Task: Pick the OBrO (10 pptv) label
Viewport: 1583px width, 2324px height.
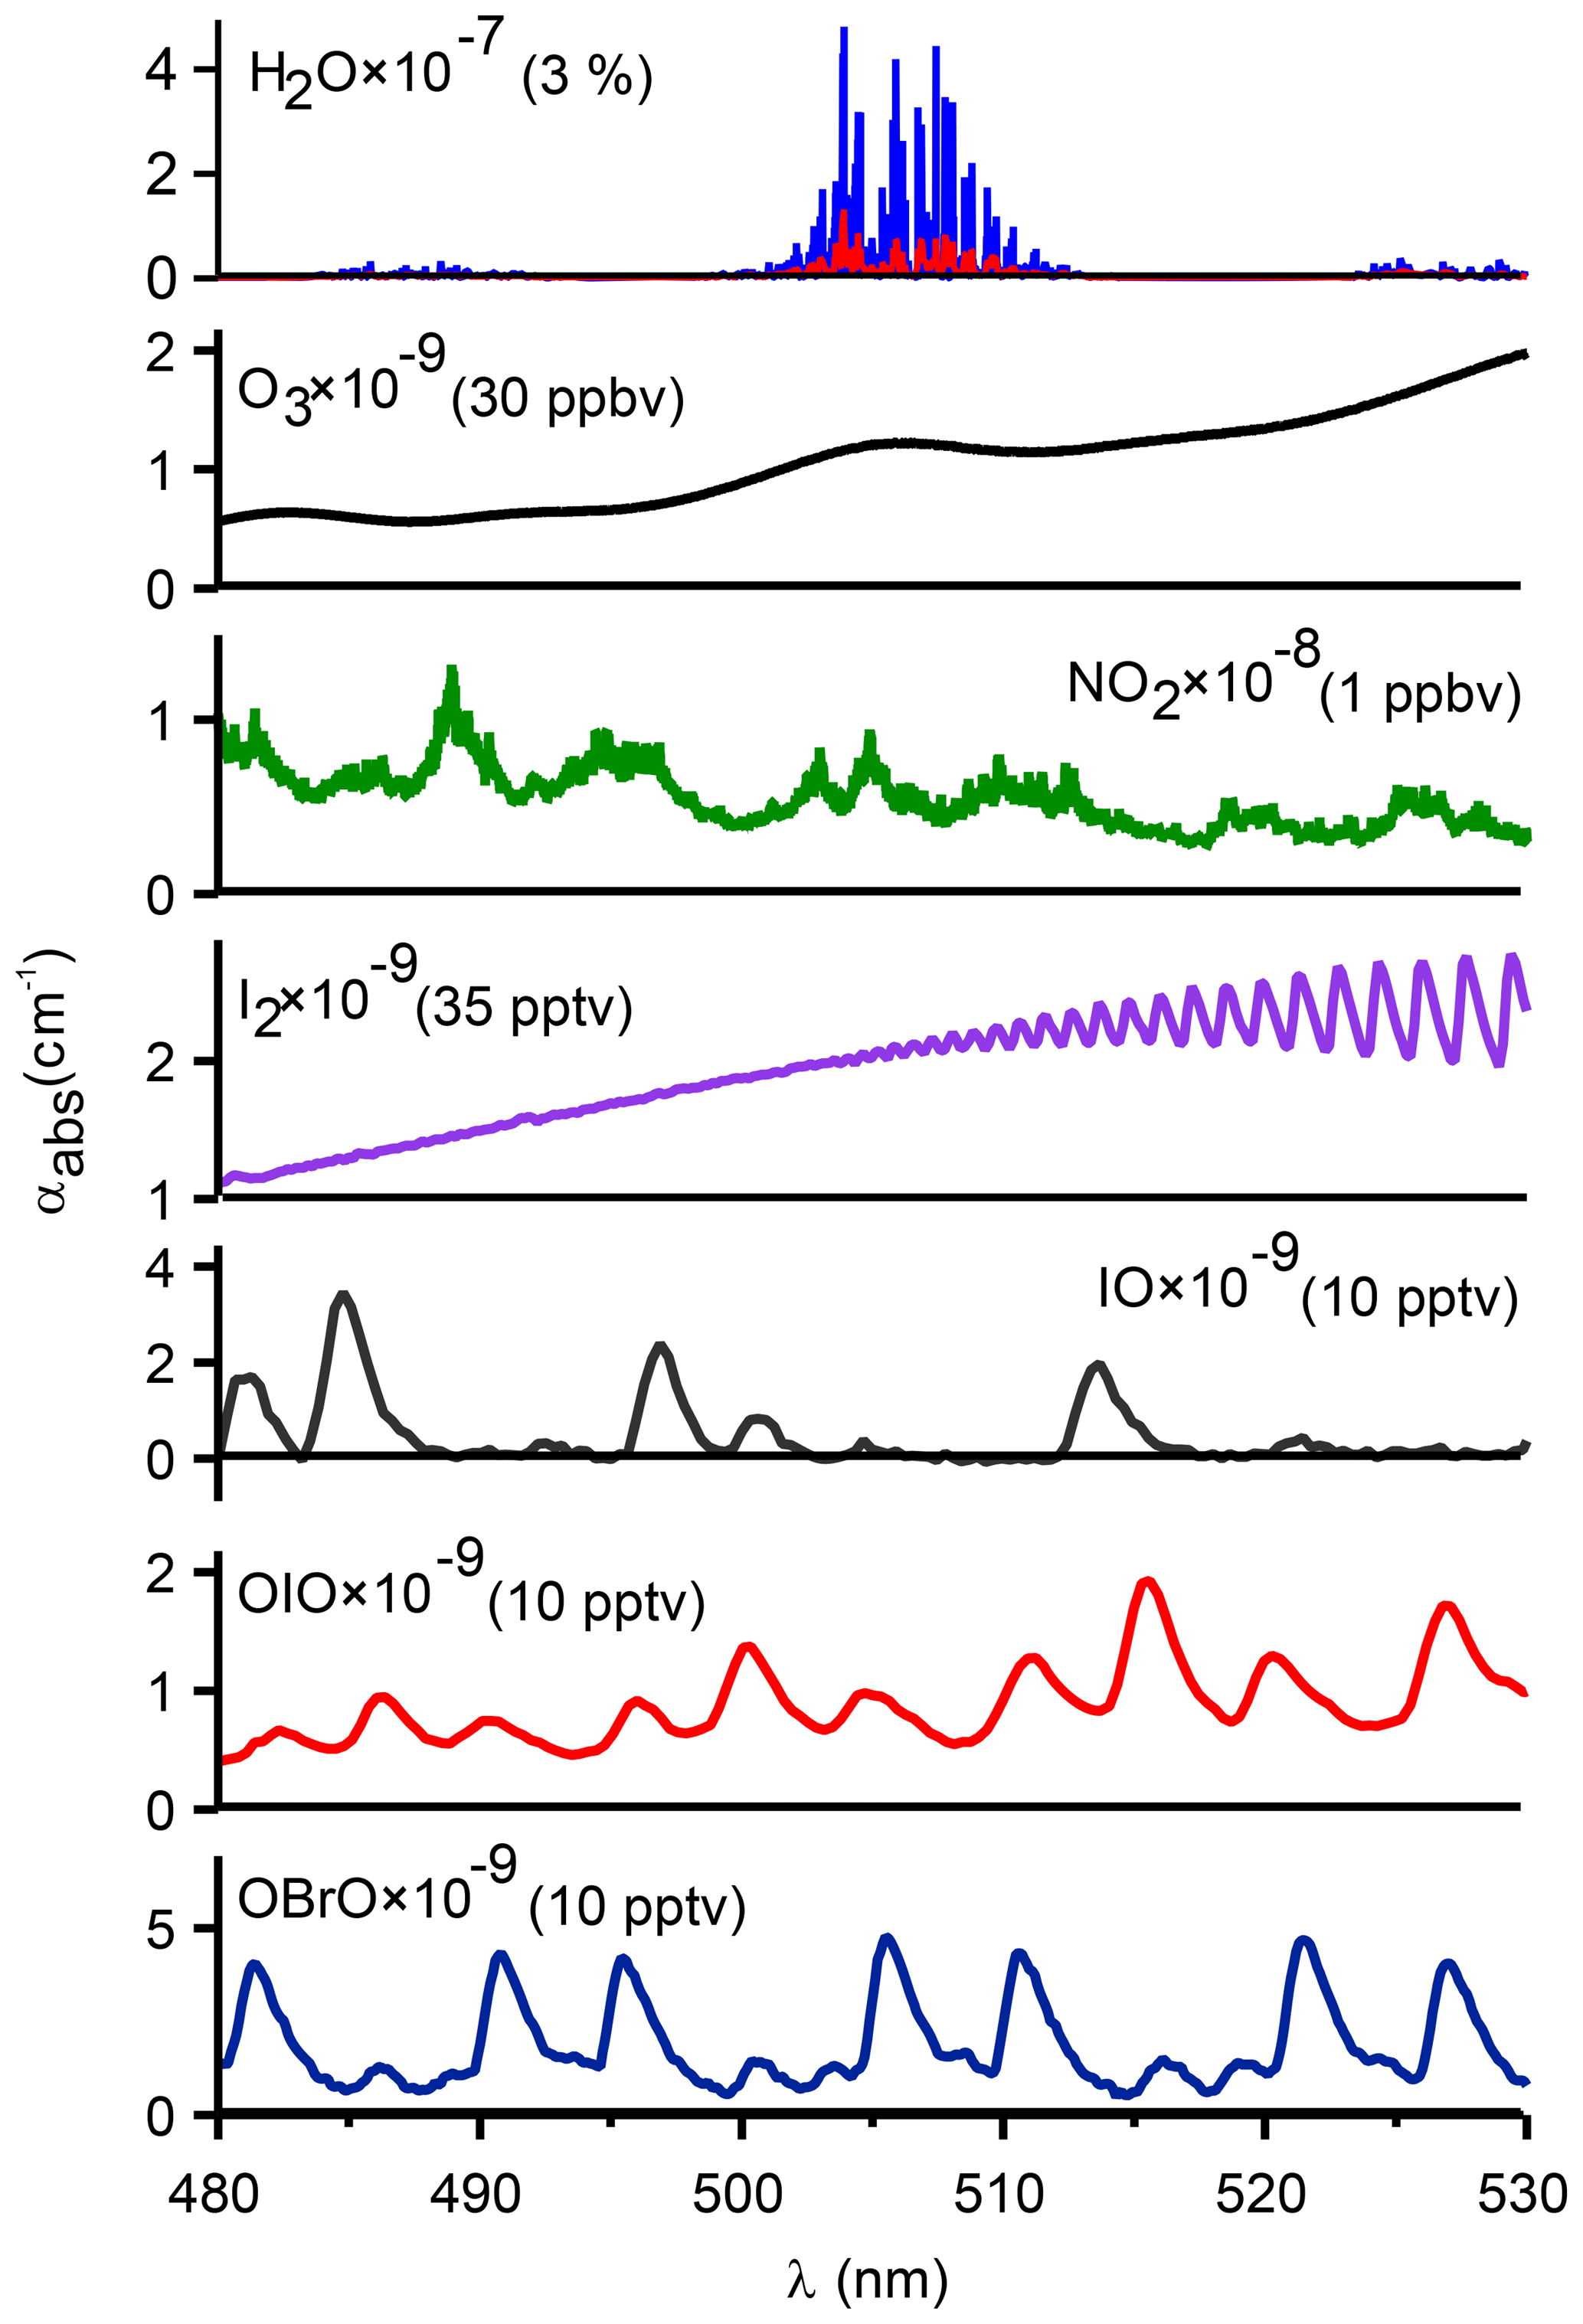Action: point(491,1899)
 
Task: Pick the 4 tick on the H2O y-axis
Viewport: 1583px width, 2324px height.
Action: point(160,70)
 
